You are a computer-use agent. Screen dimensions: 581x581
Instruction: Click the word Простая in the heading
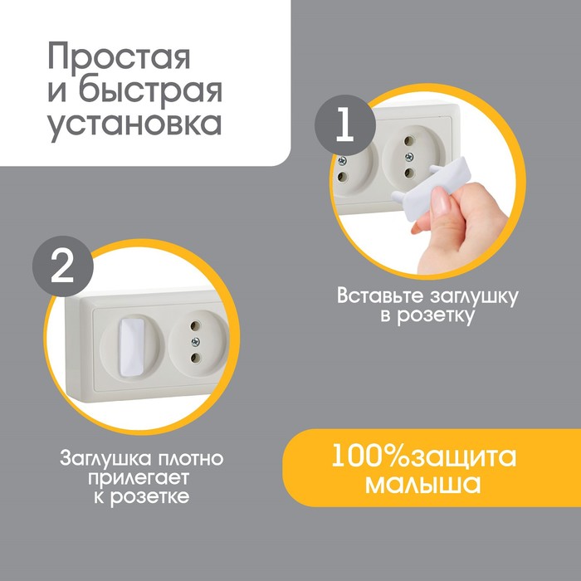coord(119,56)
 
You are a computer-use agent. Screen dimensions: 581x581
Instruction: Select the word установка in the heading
coord(134,124)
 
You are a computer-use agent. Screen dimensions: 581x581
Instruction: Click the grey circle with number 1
coord(345,125)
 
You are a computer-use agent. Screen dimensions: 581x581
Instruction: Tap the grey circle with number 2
coord(62,266)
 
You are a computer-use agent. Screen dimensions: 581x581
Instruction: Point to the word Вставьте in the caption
coord(380,296)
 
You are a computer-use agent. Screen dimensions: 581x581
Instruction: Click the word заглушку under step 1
coord(474,297)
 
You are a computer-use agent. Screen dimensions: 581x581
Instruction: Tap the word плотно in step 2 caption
coord(191,458)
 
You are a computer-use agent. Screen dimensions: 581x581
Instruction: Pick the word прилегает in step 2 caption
coord(139,479)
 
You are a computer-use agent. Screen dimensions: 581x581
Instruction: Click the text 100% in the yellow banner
coord(371,456)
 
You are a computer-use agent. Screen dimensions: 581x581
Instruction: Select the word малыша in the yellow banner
coord(422,484)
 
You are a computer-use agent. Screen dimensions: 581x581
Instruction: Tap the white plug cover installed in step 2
coord(131,346)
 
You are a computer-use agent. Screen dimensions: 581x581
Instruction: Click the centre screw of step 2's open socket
coord(195,342)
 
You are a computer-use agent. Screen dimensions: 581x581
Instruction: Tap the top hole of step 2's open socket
coord(193,325)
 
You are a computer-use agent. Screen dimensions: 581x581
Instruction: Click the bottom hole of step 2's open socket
coord(195,358)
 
